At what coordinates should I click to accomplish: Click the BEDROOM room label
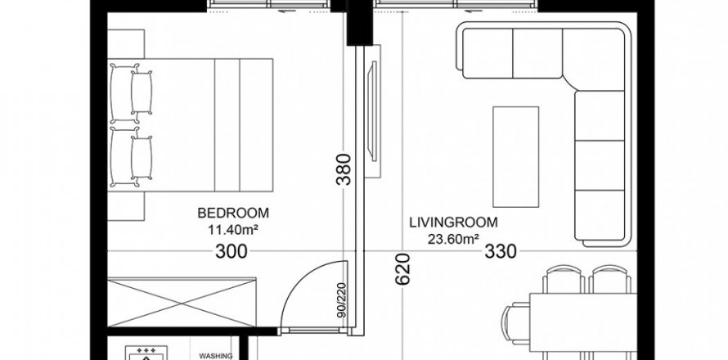click(x=233, y=214)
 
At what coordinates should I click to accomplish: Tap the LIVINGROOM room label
click(x=453, y=223)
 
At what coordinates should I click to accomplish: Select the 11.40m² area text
click(x=233, y=228)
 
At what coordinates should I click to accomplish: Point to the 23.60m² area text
click(x=454, y=239)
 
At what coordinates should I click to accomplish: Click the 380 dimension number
click(x=344, y=169)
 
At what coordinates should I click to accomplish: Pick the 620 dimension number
click(x=403, y=269)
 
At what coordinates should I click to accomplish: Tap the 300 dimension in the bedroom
click(x=231, y=251)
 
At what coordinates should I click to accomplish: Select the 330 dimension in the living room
click(x=501, y=251)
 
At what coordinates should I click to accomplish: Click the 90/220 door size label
click(x=342, y=300)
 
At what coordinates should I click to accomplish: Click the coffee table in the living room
click(x=516, y=156)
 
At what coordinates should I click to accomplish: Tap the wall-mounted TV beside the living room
click(x=372, y=111)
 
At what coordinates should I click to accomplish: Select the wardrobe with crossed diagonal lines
click(x=182, y=303)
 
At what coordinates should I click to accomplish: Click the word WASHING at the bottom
click(x=216, y=356)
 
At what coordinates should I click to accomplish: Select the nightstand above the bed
click(x=126, y=44)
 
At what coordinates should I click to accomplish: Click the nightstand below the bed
click(x=126, y=206)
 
